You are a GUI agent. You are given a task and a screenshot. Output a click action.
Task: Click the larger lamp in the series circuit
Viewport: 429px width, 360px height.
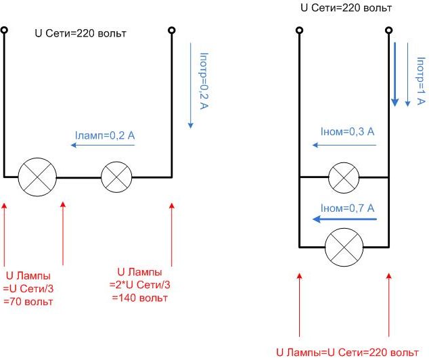[x=37, y=177]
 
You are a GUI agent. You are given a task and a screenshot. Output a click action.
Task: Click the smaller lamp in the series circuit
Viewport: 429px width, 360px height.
[x=116, y=177]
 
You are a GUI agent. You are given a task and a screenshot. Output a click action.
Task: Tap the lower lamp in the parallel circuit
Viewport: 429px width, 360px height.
[x=344, y=247]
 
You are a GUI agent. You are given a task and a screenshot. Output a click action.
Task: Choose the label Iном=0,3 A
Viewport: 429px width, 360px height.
[x=348, y=130]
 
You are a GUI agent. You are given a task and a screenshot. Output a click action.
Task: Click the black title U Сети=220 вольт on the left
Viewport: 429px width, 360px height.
[x=81, y=32]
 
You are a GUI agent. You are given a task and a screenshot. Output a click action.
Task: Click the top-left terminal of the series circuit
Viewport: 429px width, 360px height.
[x=4, y=30]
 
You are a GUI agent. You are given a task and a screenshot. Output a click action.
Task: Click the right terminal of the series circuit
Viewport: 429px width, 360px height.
[x=172, y=30]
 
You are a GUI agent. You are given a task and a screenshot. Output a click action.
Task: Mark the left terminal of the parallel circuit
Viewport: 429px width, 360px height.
[x=299, y=30]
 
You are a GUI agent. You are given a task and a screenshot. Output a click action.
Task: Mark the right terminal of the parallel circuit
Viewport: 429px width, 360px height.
[x=389, y=30]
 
